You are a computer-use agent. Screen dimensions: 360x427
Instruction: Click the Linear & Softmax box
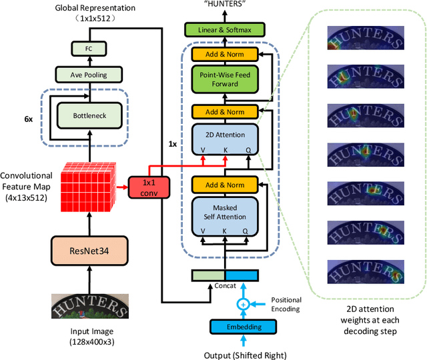(x=225, y=30)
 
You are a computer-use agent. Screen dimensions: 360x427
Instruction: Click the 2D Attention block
(x=225, y=141)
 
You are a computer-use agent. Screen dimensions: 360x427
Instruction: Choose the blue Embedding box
(x=243, y=327)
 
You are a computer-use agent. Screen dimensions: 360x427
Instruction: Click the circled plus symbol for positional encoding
(x=243, y=304)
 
